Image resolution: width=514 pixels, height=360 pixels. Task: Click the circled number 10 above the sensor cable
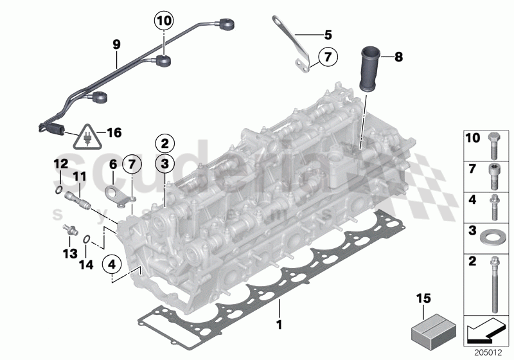164,21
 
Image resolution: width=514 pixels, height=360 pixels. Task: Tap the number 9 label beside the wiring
116,45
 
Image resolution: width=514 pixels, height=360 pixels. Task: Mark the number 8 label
398,57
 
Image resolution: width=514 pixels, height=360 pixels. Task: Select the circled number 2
164,143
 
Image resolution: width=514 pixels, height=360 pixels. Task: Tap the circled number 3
164,165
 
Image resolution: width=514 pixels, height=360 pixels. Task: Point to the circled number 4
112,264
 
